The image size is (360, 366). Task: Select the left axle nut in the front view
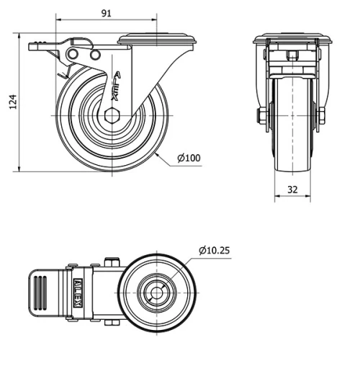click(260, 115)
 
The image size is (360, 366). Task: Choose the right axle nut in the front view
click(321, 115)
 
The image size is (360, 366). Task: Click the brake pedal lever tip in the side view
click(35, 46)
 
